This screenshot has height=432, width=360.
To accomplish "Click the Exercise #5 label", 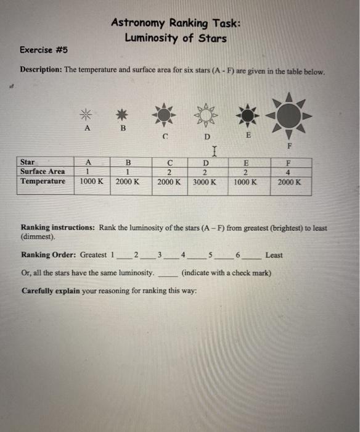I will (x=43, y=49).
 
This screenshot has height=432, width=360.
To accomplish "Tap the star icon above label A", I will (x=86, y=113).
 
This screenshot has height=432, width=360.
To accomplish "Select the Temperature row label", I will (x=43, y=181).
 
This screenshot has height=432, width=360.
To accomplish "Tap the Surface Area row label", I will (x=43, y=172).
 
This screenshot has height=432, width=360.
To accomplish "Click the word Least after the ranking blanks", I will (x=275, y=255).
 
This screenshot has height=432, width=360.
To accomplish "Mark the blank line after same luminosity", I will (x=166, y=272).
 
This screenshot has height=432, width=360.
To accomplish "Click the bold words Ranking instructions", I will (x=57, y=228).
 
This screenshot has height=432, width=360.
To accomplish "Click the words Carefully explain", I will (x=51, y=290).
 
